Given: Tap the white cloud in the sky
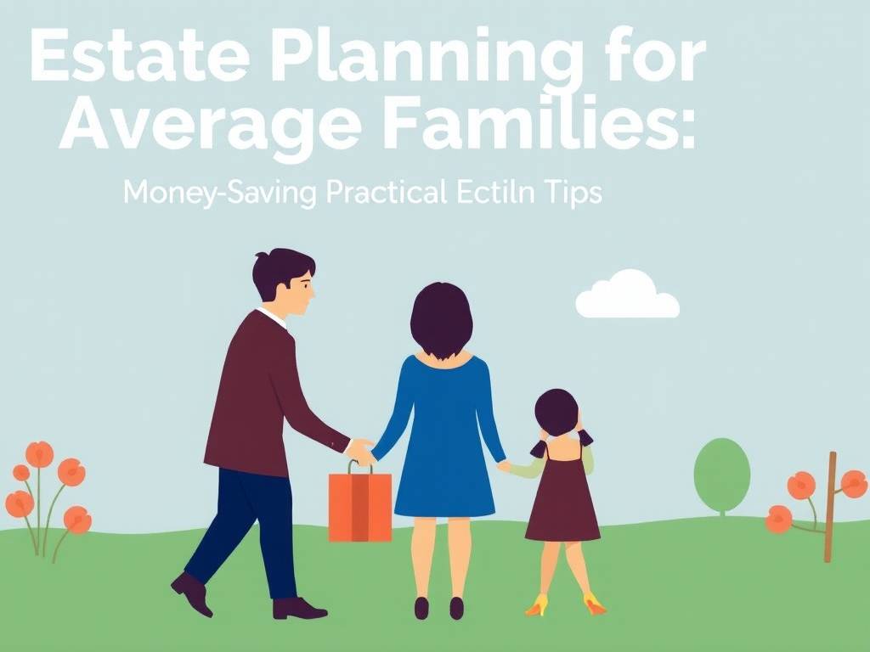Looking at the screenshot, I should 627,297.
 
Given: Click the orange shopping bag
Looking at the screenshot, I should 360,506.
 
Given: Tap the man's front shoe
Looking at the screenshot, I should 299,608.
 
